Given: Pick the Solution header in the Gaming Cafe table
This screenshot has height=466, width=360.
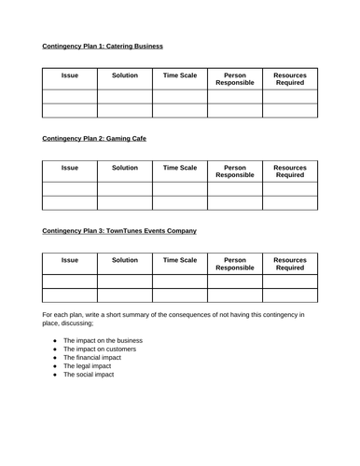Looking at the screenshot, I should (x=125, y=168).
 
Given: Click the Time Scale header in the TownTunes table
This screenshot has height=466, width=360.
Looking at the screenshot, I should (x=180, y=260).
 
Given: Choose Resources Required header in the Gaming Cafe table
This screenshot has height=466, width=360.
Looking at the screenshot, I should (x=289, y=171).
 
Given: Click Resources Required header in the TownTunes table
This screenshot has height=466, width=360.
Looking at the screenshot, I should (x=289, y=264).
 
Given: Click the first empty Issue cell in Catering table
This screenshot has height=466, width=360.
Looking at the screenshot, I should (x=70, y=96).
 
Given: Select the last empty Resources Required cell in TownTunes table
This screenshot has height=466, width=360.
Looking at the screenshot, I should (x=289, y=295).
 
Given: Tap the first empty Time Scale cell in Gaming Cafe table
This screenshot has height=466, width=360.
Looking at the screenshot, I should (x=180, y=189).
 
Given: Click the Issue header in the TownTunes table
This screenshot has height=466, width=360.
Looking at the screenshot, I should (x=70, y=260).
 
